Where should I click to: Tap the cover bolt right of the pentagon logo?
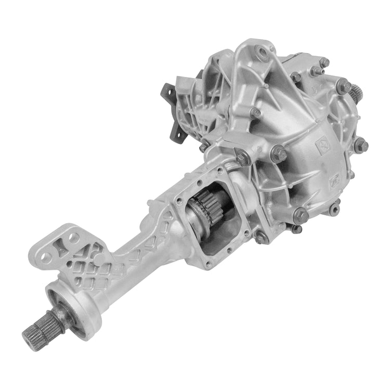[360, 145]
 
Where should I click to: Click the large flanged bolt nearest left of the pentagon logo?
[280, 153]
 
